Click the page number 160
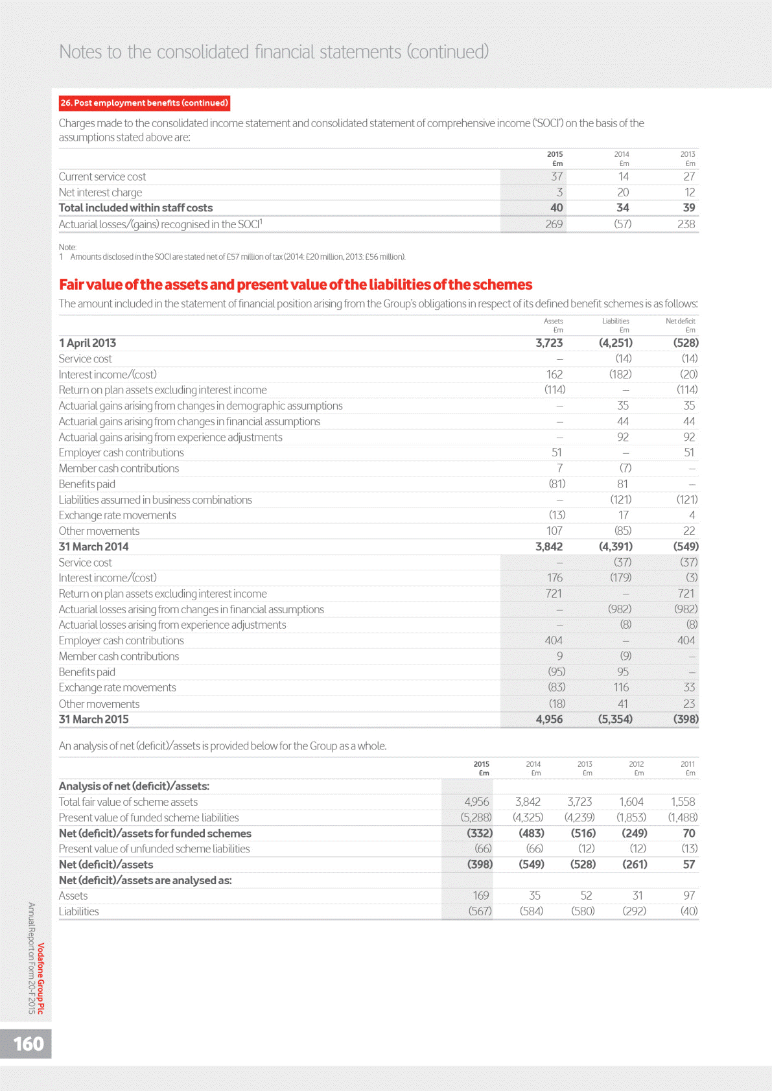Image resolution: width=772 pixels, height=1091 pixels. click(29, 1044)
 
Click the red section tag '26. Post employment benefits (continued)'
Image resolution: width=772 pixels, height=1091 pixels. click(144, 103)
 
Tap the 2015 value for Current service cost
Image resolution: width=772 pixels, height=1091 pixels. click(556, 177)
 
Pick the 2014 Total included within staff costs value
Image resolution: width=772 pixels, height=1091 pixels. click(622, 208)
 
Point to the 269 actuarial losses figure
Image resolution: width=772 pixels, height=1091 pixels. click(554, 224)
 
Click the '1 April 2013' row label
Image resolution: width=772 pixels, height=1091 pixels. click(88, 343)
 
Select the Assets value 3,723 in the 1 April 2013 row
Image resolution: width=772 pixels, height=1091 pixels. click(548, 343)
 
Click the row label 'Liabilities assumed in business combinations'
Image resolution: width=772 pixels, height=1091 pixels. click(155, 500)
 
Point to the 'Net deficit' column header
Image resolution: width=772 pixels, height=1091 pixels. click(680, 321)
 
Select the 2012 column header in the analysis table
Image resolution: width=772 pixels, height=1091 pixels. click(636, 764)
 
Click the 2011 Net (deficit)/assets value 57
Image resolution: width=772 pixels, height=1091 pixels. click(688, 865)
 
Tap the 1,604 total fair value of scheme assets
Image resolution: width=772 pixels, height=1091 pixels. click(631, 802)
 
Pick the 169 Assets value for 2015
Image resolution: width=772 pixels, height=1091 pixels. click(480, 896)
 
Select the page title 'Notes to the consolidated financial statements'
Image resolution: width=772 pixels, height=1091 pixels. click(274, 52)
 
